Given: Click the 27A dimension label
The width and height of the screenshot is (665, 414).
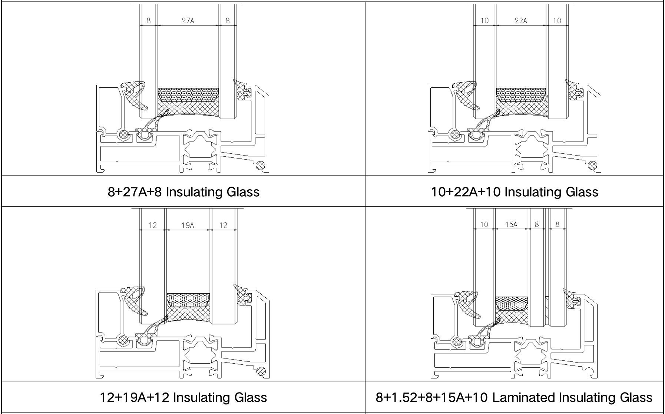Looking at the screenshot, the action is (188, 21).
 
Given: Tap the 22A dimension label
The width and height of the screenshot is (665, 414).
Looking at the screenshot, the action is (521, 21).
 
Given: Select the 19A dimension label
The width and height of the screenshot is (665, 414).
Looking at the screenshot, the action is (188, 225).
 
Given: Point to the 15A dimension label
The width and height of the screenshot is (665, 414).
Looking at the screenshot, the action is (511, 224).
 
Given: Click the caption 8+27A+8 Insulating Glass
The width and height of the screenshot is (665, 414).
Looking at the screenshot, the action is (183, 192).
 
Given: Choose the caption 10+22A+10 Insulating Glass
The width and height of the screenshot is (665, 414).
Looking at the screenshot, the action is (515, 192).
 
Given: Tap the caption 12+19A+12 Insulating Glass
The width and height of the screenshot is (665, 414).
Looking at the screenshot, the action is (183, 397).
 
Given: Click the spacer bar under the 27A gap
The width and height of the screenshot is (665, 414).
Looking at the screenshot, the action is (188, 95).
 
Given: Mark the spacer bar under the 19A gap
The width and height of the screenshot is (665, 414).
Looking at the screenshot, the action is (188, 300).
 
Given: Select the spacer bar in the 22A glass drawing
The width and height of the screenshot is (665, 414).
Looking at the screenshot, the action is (521, 95).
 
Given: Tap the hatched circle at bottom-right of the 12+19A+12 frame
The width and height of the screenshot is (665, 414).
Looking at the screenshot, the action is (262, 371).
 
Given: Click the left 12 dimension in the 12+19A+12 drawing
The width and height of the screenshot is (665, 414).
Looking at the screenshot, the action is (153, 225).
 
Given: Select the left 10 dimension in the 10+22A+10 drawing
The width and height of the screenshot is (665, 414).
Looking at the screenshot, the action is (484, 21).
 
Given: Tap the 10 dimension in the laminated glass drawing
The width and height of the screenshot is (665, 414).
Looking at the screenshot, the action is (484, 224).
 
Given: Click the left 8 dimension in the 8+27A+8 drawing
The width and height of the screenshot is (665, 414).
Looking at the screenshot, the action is (149, 21).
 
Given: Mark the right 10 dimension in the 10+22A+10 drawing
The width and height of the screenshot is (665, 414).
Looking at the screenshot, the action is (557, 21).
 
